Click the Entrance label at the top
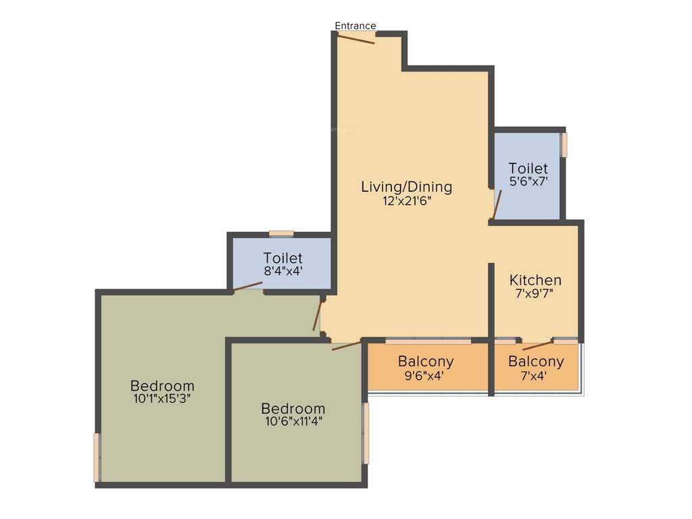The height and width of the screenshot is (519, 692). (355, 26)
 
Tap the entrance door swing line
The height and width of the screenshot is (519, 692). (356, 39)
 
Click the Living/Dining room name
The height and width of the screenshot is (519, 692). (406, 187)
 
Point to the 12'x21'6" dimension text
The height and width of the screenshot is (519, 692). (406, 201)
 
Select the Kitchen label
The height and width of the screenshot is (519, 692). (535, 280)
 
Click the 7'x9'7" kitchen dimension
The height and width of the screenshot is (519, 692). (535, 294)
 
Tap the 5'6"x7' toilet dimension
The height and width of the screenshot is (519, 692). (528, 181)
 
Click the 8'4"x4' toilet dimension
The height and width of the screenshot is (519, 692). (282, 271)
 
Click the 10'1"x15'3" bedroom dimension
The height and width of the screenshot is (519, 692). (162, 399)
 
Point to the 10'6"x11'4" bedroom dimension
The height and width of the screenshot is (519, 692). (293, 422)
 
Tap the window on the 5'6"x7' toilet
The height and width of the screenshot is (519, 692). (564, 145)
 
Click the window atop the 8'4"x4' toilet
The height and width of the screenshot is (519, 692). (281, 234)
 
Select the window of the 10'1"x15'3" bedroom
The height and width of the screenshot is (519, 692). (97, 457)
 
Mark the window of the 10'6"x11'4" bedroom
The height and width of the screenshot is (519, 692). (366, 433)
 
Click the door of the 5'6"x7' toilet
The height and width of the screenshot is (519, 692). (497, 205)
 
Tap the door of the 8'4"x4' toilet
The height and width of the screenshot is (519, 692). (247, 287)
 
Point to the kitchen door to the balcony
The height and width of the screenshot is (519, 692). (538, 345)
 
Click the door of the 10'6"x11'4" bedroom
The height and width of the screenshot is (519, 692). (347, 345)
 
